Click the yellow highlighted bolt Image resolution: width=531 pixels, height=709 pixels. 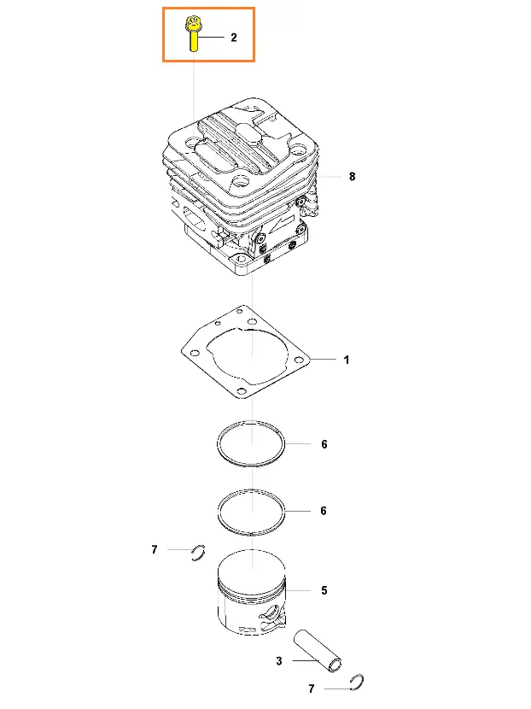click(x=193, y=34)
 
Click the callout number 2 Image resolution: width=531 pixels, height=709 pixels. click(x=234, y=38)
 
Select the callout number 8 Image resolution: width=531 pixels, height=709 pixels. click(x=352, y=176)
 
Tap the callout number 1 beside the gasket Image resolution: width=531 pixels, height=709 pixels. click(x=347, y=360)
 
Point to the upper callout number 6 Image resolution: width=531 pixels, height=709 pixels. click(x=324, y=444)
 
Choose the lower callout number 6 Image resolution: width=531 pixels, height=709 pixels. click(x=324, y=511)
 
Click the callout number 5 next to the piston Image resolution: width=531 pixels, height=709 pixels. click(x=324, y=590)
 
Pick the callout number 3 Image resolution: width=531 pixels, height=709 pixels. click(x=279, y=661)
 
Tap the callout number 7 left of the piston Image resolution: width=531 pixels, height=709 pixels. click(x=155, y=549)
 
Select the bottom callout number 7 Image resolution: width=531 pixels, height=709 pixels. click(x=312, y=688)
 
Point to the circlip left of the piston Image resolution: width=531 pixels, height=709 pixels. click(x=198, y=553)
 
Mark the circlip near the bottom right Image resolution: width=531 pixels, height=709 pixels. click(x=358, y=682)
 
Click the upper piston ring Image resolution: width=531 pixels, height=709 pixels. click(x=251, y=465)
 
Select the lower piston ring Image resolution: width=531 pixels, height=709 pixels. click(x=251, y=532)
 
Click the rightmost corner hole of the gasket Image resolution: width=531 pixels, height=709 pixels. click(x=299, y=360)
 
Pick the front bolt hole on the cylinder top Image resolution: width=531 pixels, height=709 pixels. click(x=240, y=181)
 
